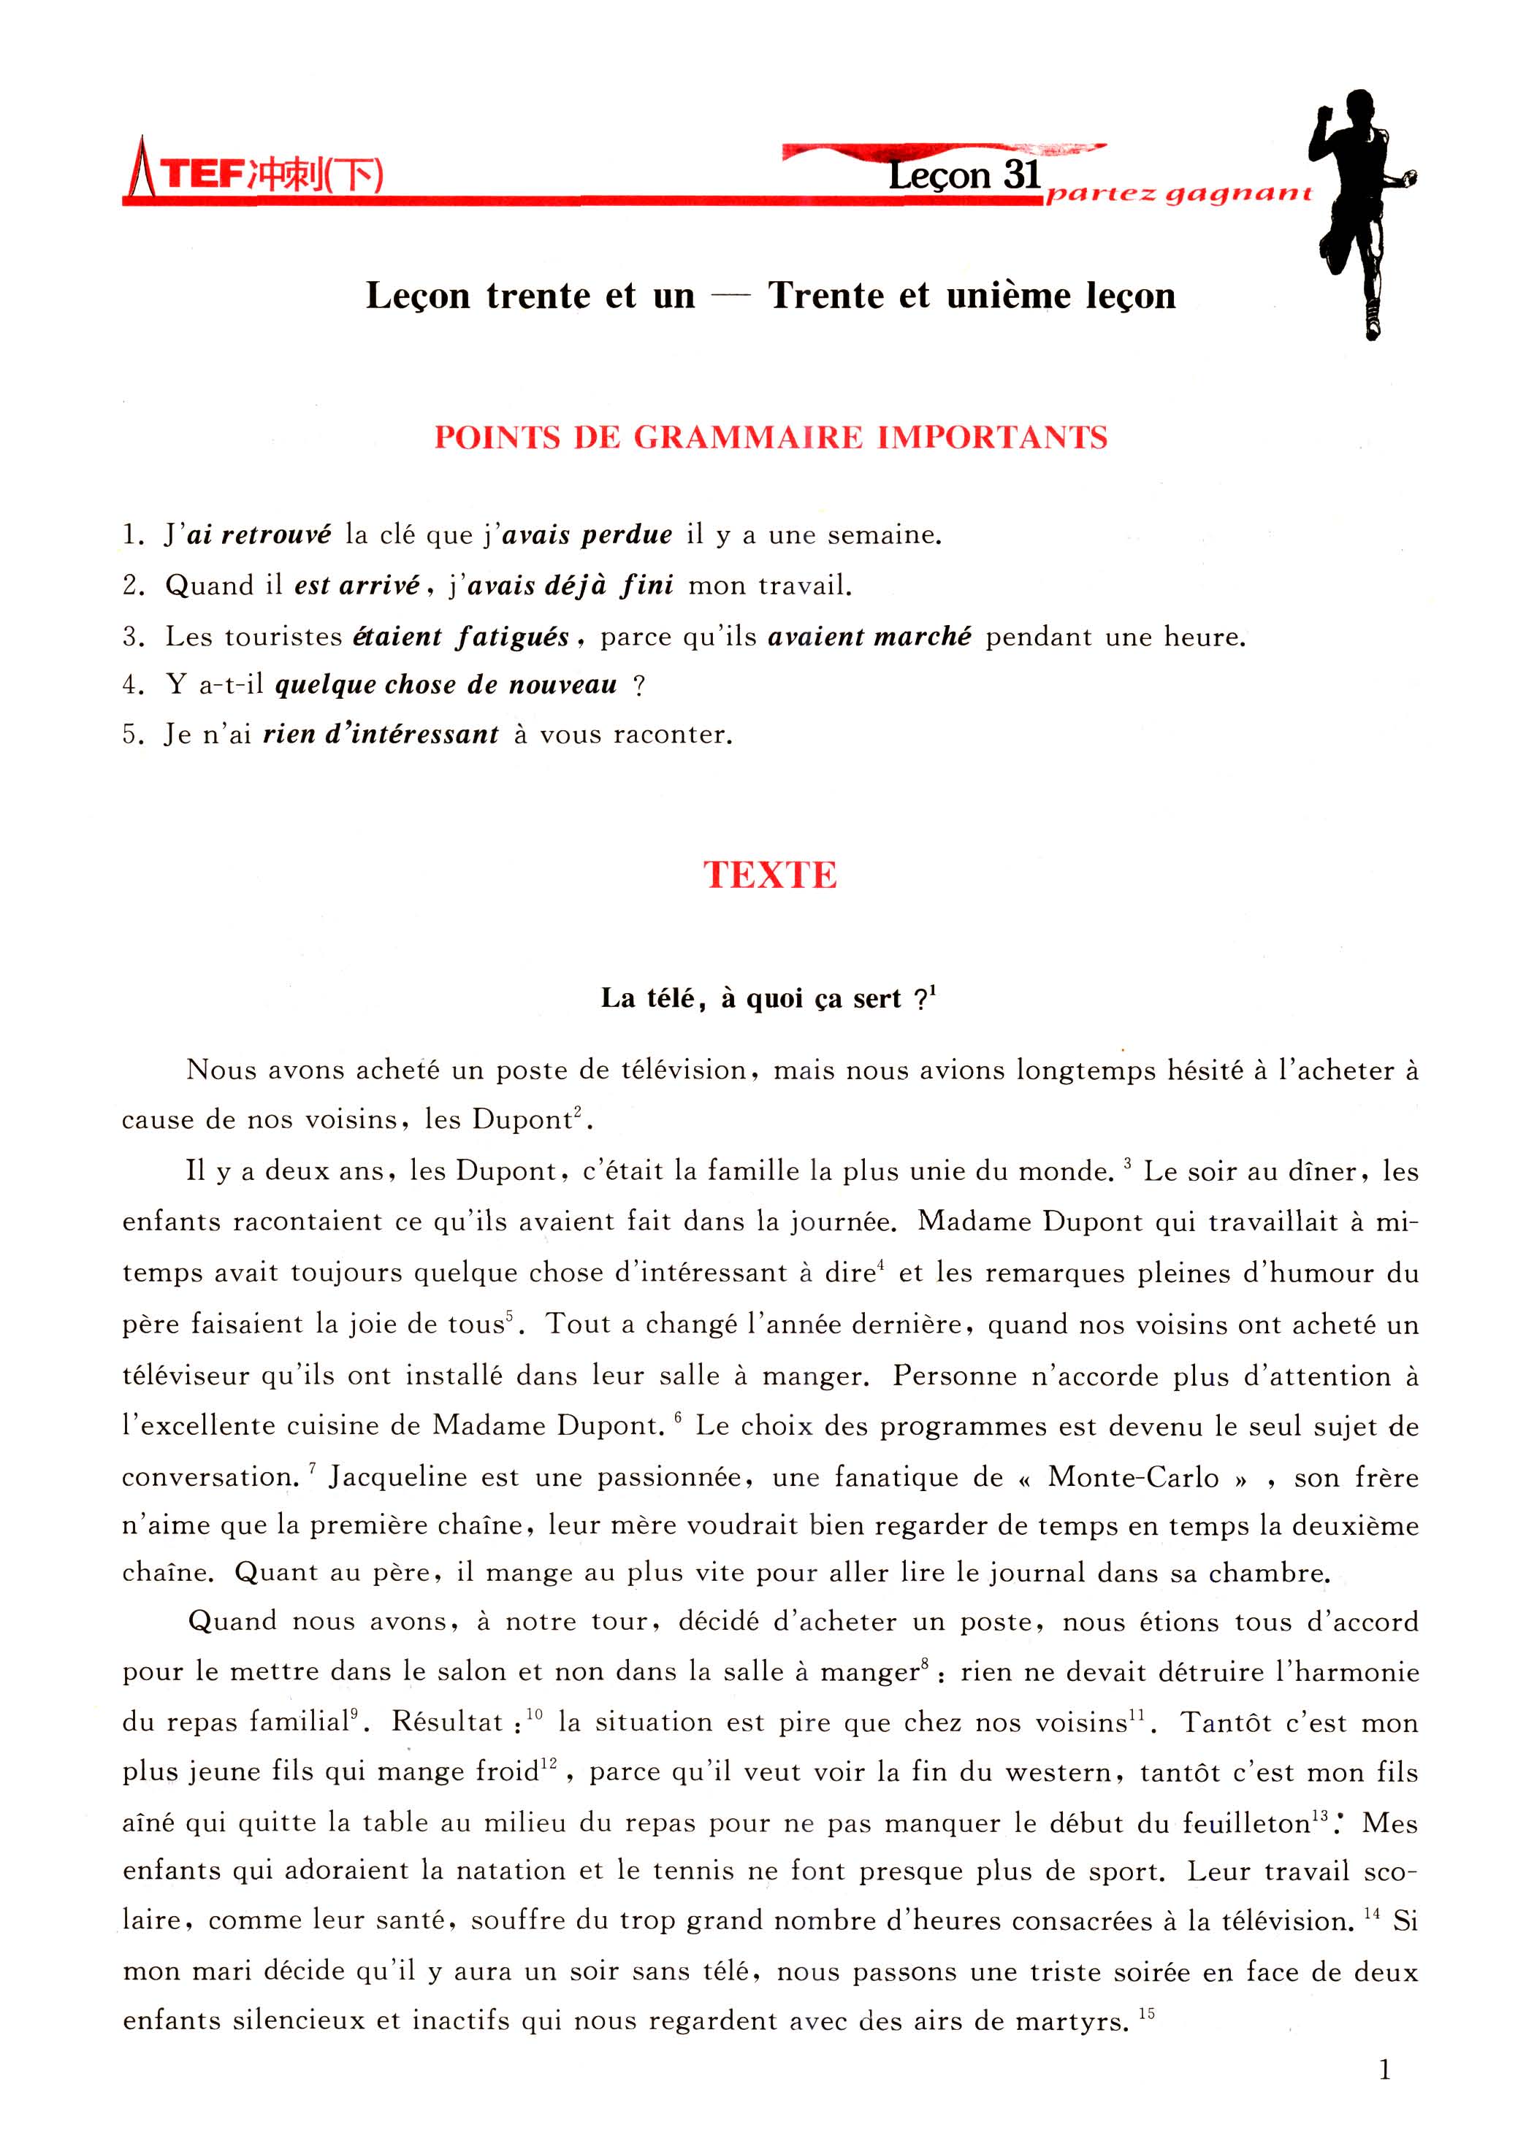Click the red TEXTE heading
click(770, 875)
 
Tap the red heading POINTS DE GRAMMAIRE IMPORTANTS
click(771, 437)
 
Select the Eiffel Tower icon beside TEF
click(141, 169)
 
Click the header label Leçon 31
click(964, 175)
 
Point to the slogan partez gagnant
click(1178, 194)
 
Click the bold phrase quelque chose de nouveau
click(446, 685)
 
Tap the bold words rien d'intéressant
click(381, 735)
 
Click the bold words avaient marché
click(869, 636)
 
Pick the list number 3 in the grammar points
click(131, 637)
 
